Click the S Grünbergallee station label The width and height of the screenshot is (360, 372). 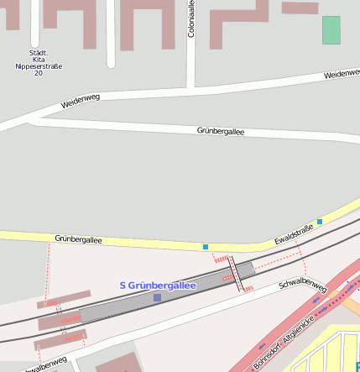coord(158,286)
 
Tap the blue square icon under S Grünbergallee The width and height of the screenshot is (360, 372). coord(157,297)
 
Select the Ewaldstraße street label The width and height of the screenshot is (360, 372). coord(294,235)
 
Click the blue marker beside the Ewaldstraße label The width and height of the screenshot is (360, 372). coord(320,222)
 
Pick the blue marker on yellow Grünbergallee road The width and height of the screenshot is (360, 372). coord(206,247)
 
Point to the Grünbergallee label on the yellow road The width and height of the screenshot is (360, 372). coord(78,239)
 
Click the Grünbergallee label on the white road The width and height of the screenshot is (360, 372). coord(221,131)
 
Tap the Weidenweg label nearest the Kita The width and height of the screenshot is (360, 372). coord(81,102)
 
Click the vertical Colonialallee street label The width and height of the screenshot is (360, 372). coord(191,18)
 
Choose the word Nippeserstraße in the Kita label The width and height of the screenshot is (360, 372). coord(40,66)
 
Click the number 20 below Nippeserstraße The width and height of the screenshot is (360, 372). coord(39,74)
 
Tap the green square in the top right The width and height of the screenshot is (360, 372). coord(331,29)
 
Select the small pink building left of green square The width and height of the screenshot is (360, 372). coord(300,8)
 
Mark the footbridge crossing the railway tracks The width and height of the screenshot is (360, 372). coord(238,276)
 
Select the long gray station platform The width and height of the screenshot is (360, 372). coord(159,299)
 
